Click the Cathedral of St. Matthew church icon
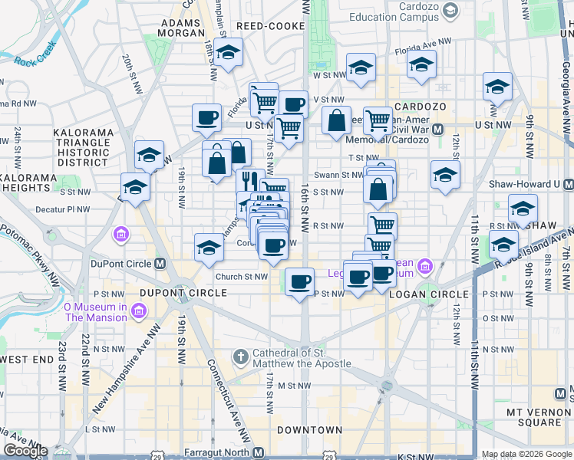point(240,357)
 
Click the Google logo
point(26,451)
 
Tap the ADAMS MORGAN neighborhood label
point(182,28)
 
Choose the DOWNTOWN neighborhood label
point(309,430)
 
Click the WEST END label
point(27,360)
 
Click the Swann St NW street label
point(343,175)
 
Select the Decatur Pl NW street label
point(68,209)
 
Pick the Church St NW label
point(241,277)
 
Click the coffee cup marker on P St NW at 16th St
point(299,281)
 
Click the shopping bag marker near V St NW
point(336,120)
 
